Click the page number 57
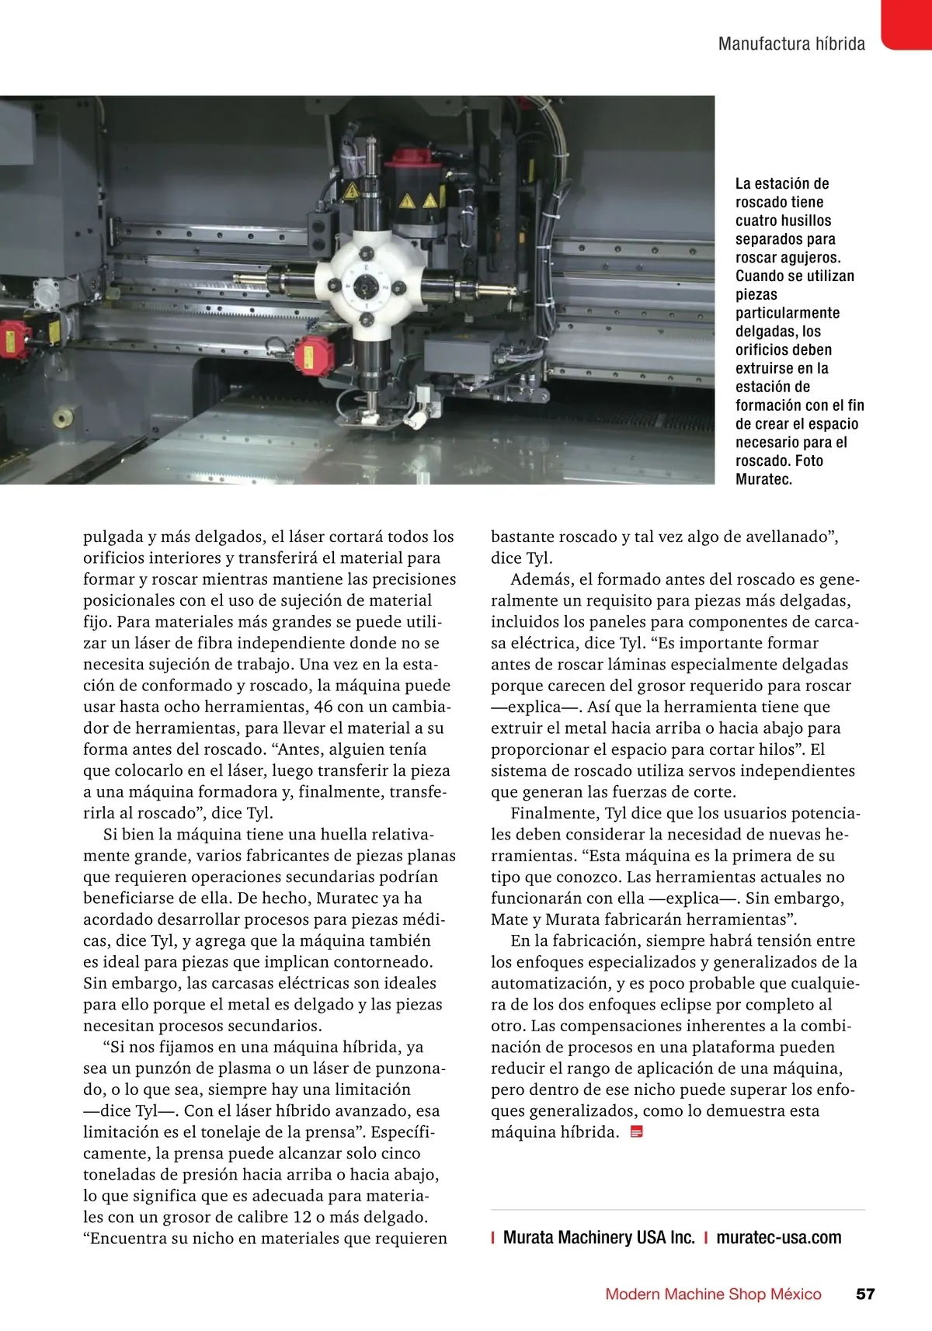tap(865, 1294)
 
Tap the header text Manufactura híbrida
tap(791, 43)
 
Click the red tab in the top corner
tap(907, 23)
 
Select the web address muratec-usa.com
tap(778, 1237)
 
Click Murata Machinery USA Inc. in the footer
tap(599, 1237)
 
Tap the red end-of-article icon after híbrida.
tap(637, 1132)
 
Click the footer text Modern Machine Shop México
tap(713, 1294)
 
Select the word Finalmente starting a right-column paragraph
tap(555, 813)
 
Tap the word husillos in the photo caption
tap(800, 221)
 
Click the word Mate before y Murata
tap(509, 919)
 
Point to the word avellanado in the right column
tap(785, 537)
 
